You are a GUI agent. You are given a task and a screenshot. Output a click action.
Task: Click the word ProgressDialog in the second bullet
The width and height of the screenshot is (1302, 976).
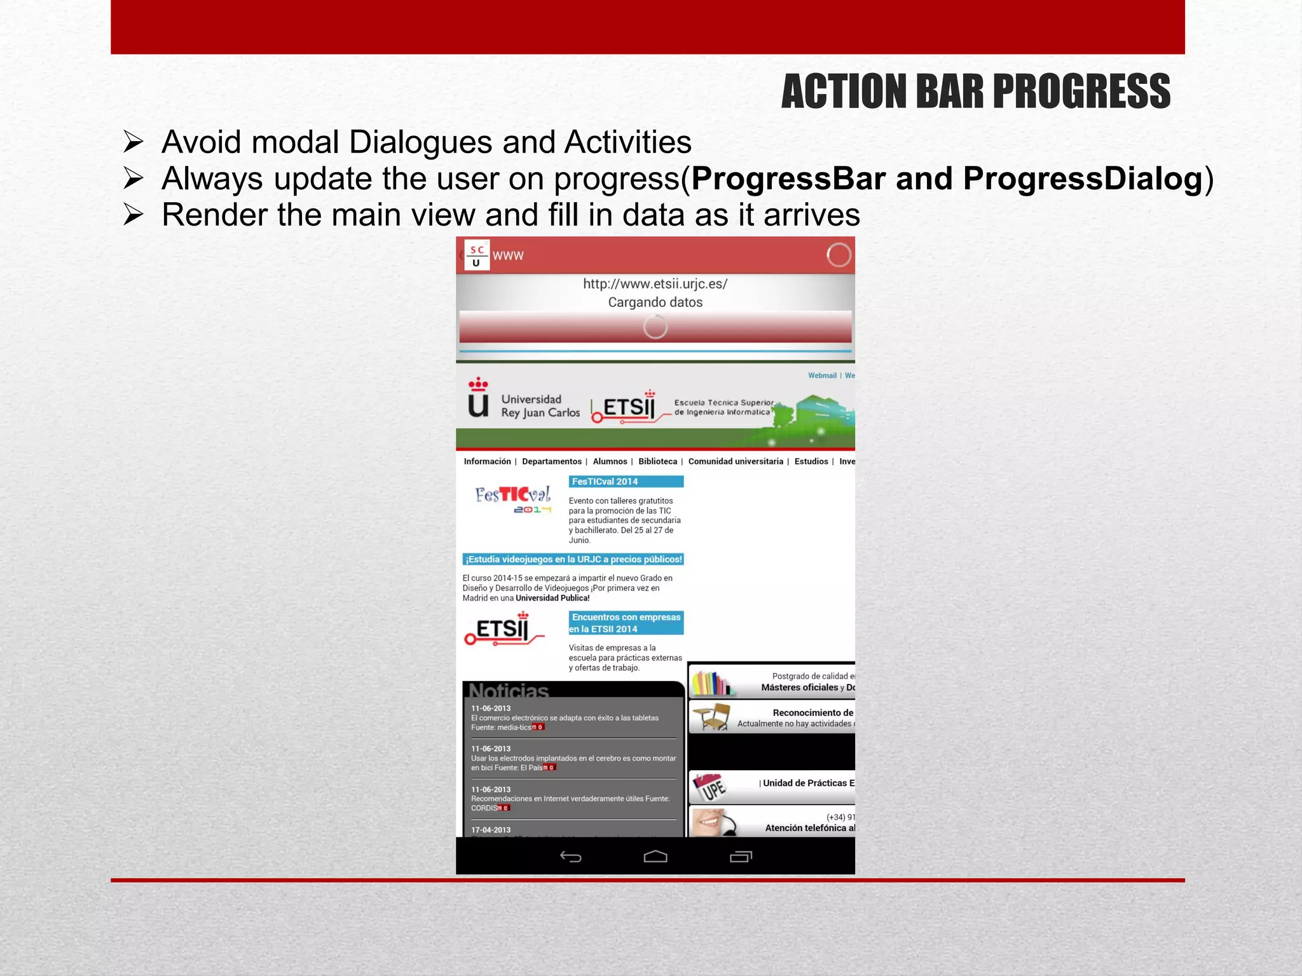pos(1083,179)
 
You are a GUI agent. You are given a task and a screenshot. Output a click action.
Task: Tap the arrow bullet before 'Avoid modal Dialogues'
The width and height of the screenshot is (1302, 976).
pos(134,142)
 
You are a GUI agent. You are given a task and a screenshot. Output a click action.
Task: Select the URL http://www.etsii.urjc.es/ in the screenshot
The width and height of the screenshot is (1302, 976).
pos(655,284)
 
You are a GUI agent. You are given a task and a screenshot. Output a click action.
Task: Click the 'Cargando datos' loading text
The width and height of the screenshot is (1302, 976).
pos(655,302)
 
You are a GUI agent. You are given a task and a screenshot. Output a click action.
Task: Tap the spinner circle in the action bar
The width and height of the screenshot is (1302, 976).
pos(839,255)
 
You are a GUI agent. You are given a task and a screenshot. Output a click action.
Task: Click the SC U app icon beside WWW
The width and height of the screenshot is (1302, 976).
pos(477,255)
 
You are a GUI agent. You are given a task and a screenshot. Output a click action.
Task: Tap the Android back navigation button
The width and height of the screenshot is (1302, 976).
pos(570,857)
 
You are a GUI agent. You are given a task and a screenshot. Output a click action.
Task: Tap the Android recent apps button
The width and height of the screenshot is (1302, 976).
pos(741,857)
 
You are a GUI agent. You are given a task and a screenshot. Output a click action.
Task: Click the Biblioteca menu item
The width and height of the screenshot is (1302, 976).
pos(657,461)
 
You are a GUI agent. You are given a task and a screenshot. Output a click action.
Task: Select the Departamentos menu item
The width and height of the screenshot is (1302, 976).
pos(551,461)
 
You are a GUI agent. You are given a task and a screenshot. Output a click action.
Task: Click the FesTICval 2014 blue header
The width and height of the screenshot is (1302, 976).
pos(626,482)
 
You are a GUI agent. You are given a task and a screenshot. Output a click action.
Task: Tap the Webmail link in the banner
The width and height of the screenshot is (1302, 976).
pos(821,376)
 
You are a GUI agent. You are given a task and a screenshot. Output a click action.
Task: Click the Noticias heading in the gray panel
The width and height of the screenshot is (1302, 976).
pos(509,691)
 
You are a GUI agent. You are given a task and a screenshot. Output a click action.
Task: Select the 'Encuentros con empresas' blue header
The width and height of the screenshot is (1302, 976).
pos(626,623)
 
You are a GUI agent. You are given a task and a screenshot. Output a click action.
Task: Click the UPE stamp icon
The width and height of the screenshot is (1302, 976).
pos(711,788)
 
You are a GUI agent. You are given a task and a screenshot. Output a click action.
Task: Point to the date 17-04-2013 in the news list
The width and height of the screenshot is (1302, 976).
pos(491,830)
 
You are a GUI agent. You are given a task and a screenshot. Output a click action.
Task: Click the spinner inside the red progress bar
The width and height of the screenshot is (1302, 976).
pos(655,327)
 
